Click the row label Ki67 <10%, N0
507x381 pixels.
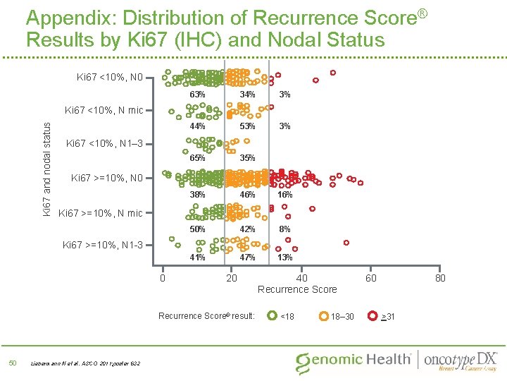108,77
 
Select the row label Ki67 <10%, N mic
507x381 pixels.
104,110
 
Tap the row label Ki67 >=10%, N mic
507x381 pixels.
100,213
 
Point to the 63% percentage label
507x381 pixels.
197,94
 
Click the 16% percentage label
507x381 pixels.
284,194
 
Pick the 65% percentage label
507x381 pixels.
197,158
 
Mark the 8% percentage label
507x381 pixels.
284,229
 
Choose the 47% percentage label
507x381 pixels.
247,258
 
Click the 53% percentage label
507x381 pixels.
247,126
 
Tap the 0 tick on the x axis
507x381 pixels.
162,278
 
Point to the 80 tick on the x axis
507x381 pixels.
440,278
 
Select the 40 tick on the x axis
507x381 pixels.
301,278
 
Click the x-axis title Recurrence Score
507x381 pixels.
297,289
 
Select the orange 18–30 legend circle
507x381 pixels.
324,315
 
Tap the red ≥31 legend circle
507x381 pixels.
373,315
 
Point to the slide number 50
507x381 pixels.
12,363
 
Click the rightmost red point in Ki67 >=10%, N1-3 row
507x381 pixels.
346,242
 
